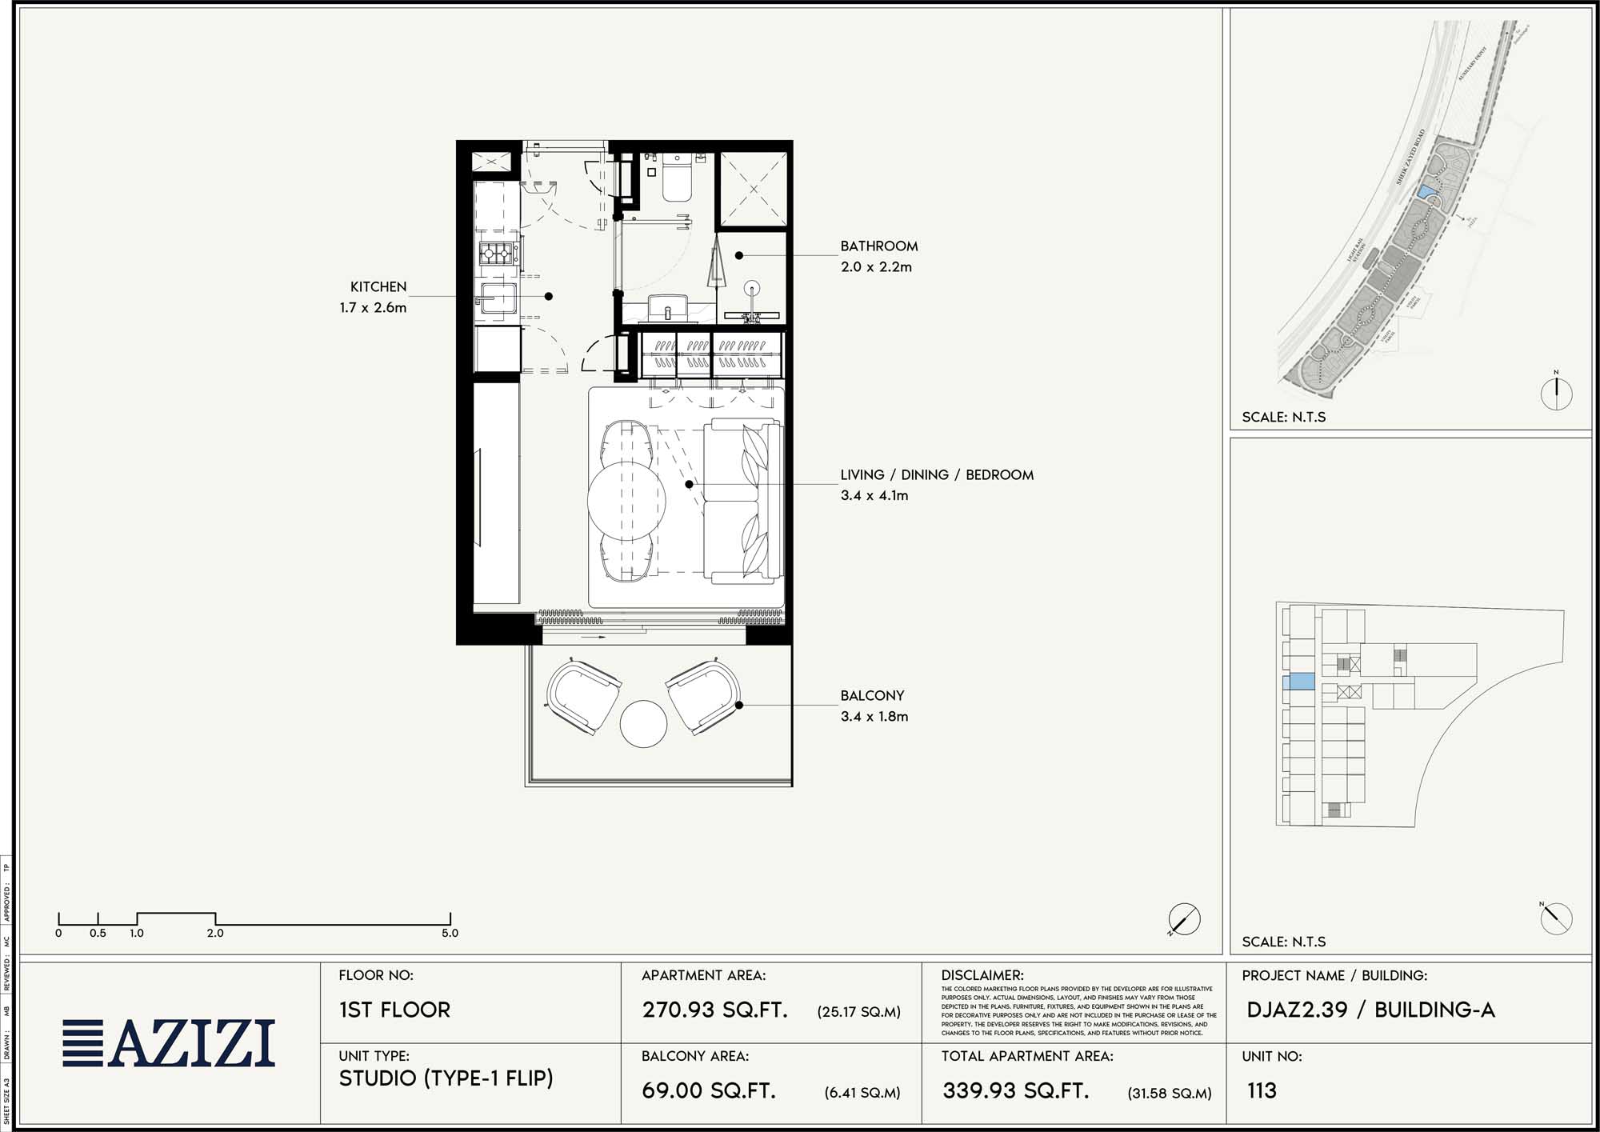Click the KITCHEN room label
[x=378, y=286]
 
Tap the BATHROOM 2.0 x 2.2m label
[x=878, y=256]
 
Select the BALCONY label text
[x=872, y=696]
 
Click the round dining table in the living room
[x=626, y=501]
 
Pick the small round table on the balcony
[x=643, y=724]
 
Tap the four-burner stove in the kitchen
[x=495, y=254]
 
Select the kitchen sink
[x=497, y=299]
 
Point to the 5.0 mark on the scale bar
[x=450, y=933]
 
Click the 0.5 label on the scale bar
[x=98, y=933]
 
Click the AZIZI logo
[x=170, y=1043]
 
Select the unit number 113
[x=1262, y=1090]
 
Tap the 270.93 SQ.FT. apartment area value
[x=714, y=1010]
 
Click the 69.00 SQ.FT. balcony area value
[x=709, y=1090]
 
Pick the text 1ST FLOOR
[x=394, y=1010]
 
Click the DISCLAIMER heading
[x=982, y=975]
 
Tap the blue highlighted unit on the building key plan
[x=1298, y=682]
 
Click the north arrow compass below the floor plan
[x=1184, y=919]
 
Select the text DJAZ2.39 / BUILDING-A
[x=1370, y=1010]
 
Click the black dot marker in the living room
[x=689, y=484]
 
